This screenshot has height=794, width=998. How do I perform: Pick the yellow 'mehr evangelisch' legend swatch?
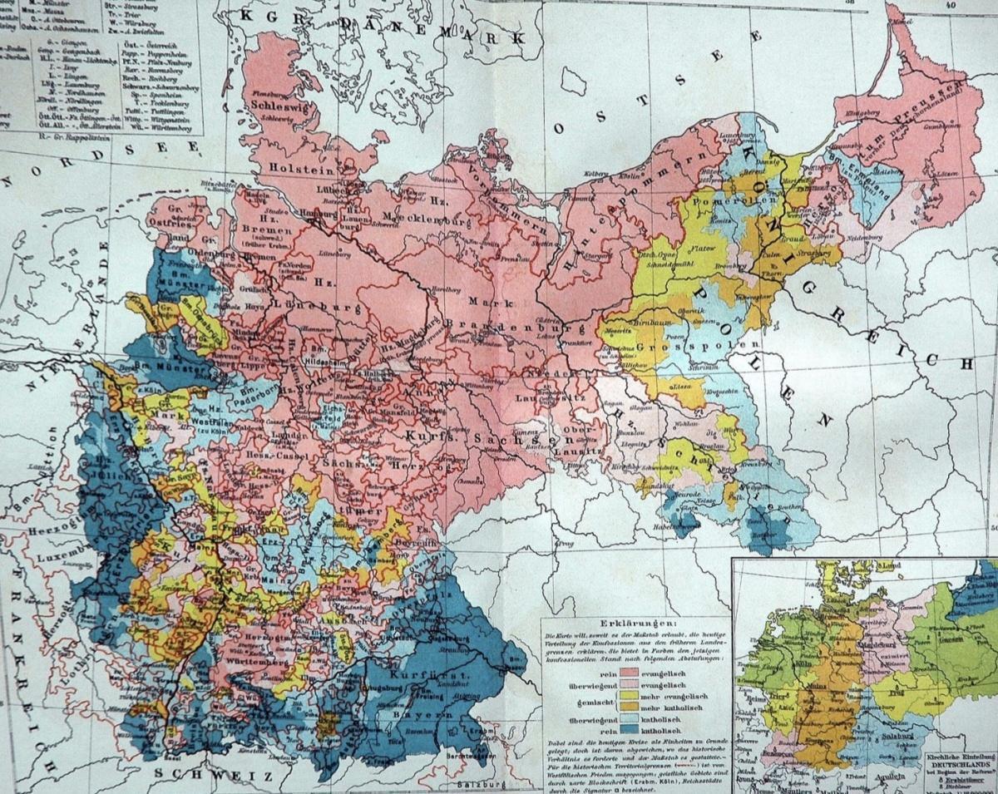[x=637, y=693]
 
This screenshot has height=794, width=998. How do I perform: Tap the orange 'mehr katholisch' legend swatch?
[x=637, y=704]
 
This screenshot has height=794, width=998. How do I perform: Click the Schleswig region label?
[x=276, y=118]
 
